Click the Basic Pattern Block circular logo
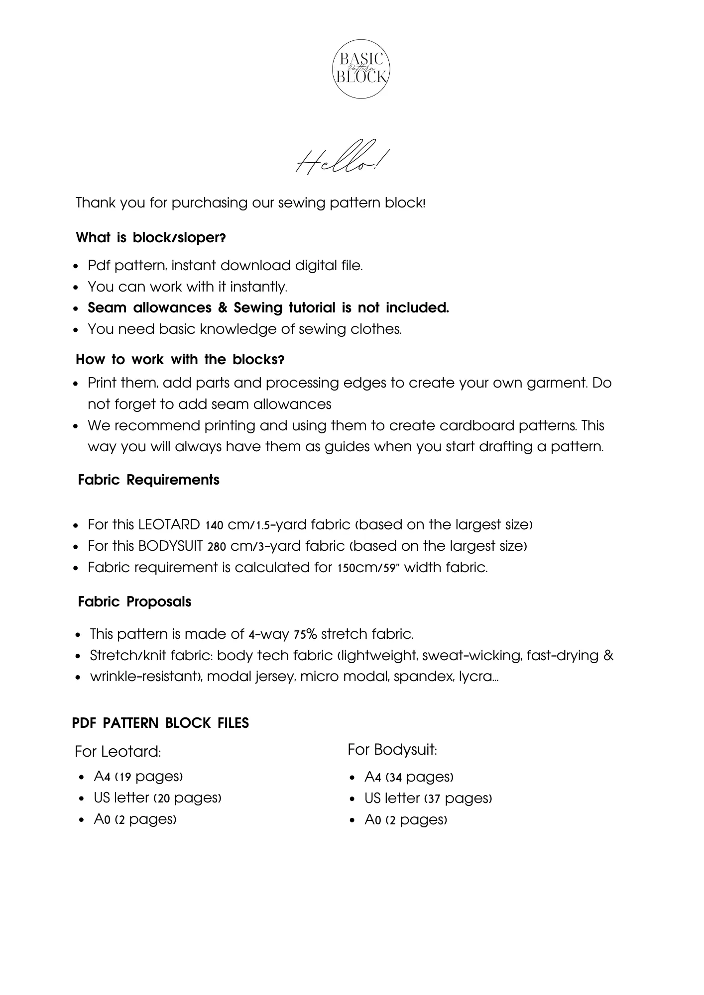(361, 69)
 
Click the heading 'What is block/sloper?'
(150, 238)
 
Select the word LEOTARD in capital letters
(169, 525)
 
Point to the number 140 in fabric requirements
(214, 525)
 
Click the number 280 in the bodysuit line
(217, 547)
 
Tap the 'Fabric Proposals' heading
(134, 602)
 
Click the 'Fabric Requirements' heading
(148, 480)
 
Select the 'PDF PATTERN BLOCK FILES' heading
(160, 723)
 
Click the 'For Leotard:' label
(118, 752)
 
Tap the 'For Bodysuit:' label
(392, 750)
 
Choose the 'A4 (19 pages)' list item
(138, 777)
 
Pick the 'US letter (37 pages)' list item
(428, 798)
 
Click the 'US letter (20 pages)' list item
(157, 798)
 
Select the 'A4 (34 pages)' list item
(408, 777)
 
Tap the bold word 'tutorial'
(312, 308)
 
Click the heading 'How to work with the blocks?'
(180, 359)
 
